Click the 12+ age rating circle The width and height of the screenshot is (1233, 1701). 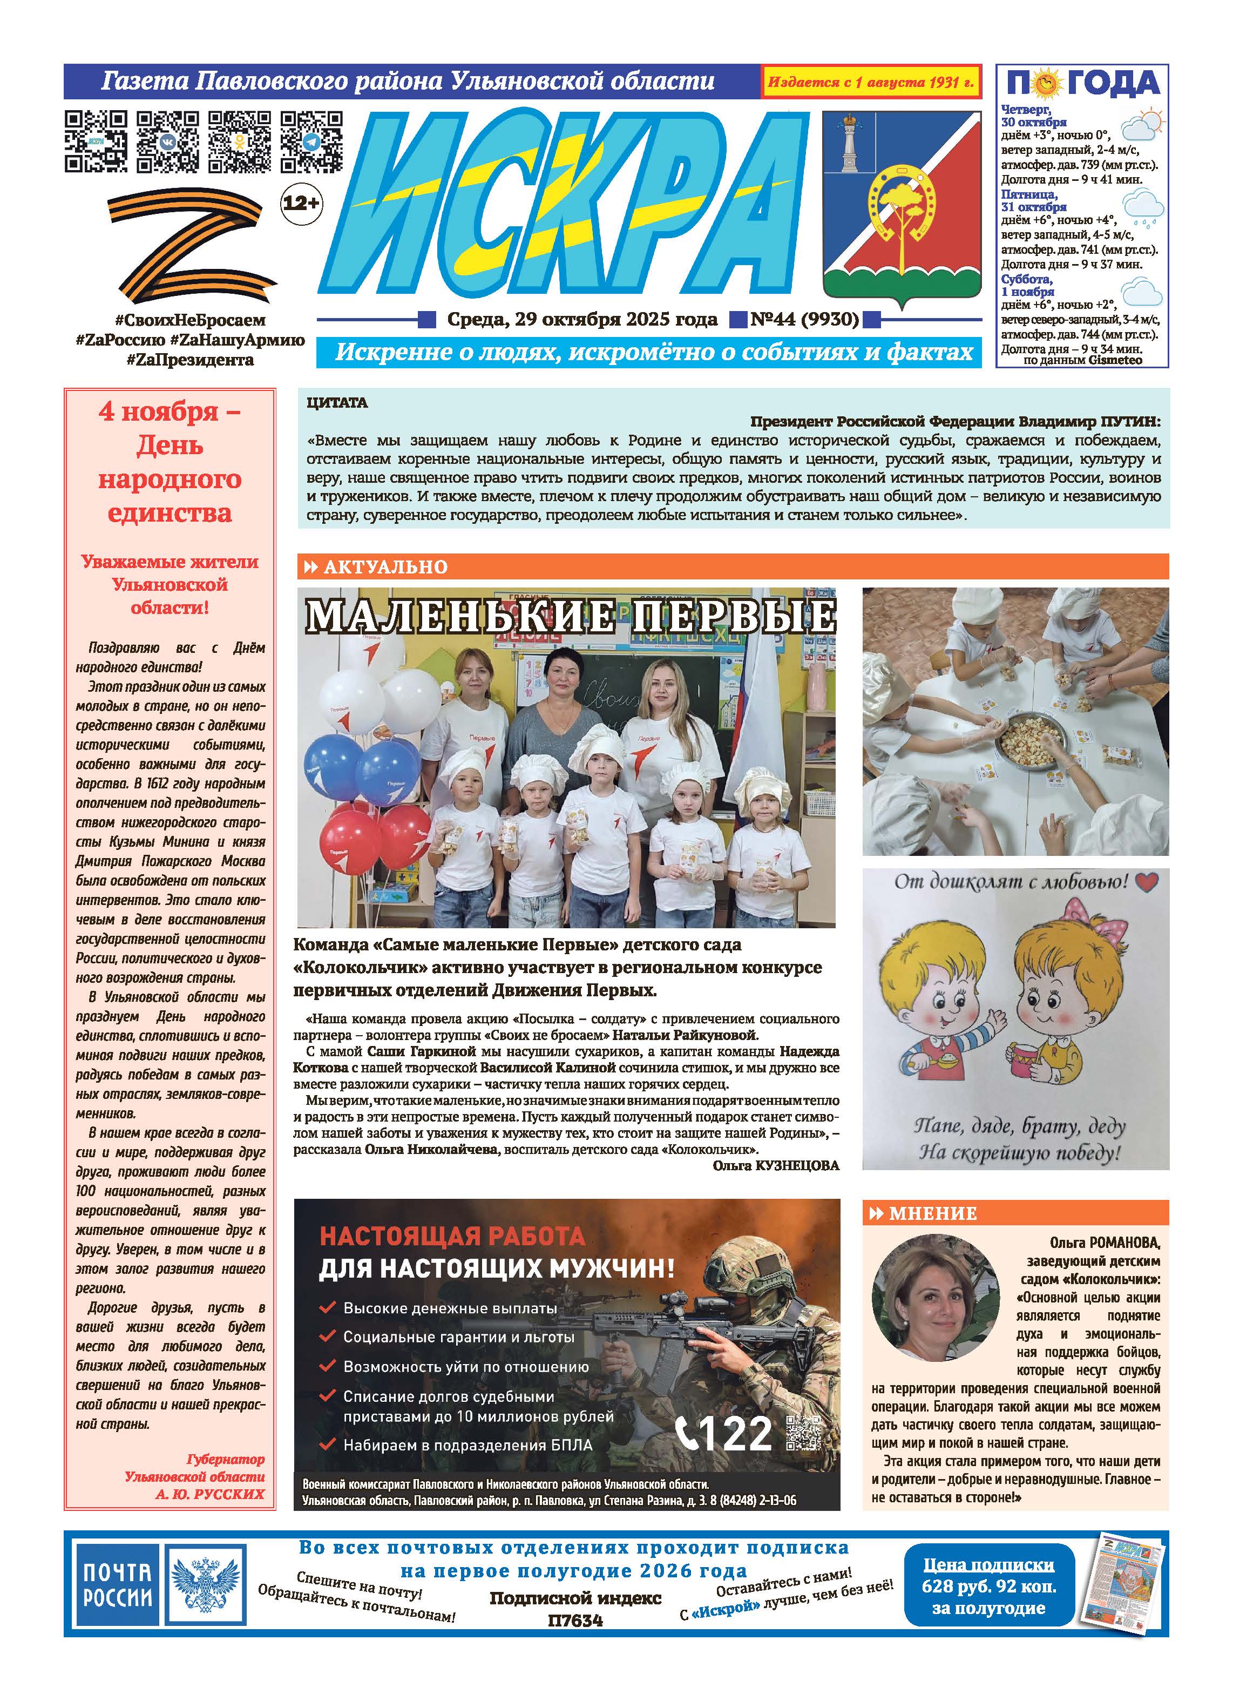pos(301,202)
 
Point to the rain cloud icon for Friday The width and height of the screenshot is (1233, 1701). pos(1144,206)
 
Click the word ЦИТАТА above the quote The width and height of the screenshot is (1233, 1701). pos(337,403)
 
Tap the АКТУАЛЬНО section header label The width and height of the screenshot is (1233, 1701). pos(385,568)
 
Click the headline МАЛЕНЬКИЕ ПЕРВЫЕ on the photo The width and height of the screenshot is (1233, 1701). pos(570,617)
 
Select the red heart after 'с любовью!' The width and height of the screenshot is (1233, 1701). pos(1147,882)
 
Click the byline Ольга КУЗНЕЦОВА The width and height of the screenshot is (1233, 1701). pos(776,1165)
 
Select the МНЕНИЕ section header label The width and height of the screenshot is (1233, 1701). pos(932,1213)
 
